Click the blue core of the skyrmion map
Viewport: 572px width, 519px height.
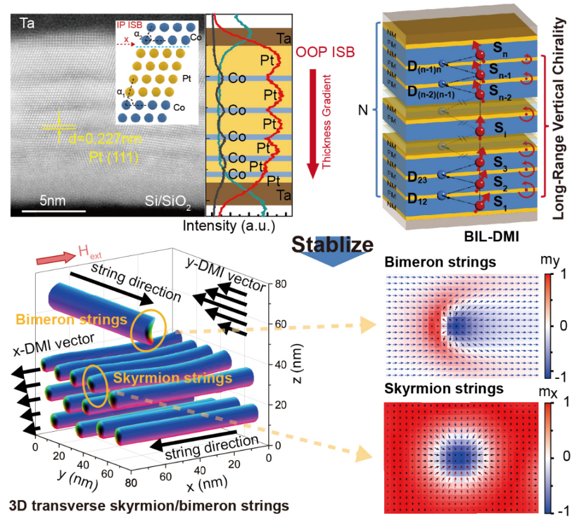point(458,456)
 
